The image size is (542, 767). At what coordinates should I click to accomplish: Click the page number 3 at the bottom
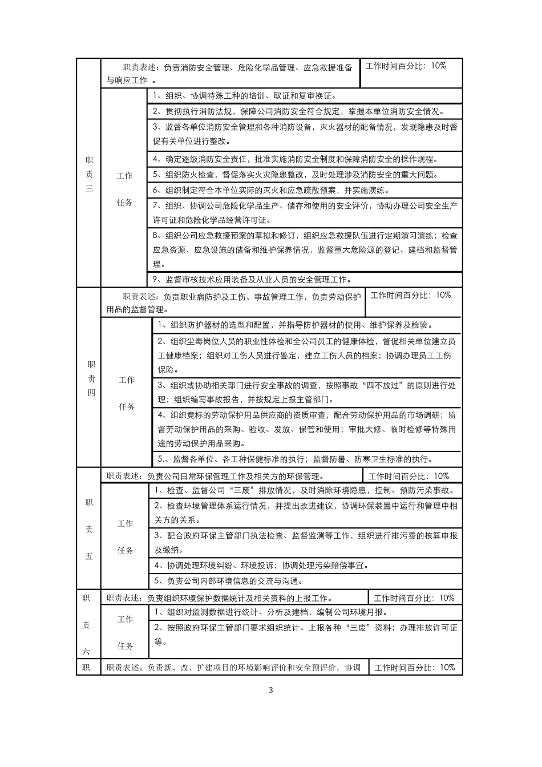click(271, 690)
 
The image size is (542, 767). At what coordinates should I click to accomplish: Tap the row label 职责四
click(91, 378)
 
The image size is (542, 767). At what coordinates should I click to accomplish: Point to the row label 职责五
click(89, 529)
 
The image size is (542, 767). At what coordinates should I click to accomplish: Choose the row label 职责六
click(86, 625)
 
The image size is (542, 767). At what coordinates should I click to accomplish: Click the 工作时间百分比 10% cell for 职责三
click(406, 66)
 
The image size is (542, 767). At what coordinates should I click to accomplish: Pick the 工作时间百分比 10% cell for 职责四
click(411, 295)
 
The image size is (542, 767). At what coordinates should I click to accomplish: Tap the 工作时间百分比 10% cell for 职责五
click(408, 476)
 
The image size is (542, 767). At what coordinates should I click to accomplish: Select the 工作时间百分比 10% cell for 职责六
click(414, 598)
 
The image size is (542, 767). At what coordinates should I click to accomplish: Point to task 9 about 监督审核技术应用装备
click(252, 280)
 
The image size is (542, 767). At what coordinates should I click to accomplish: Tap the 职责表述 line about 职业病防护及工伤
click(234, 302)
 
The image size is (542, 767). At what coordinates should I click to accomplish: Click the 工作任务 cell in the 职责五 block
click(125, 536)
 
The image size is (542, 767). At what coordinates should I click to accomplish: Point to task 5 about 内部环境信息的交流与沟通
click(228, 581)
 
